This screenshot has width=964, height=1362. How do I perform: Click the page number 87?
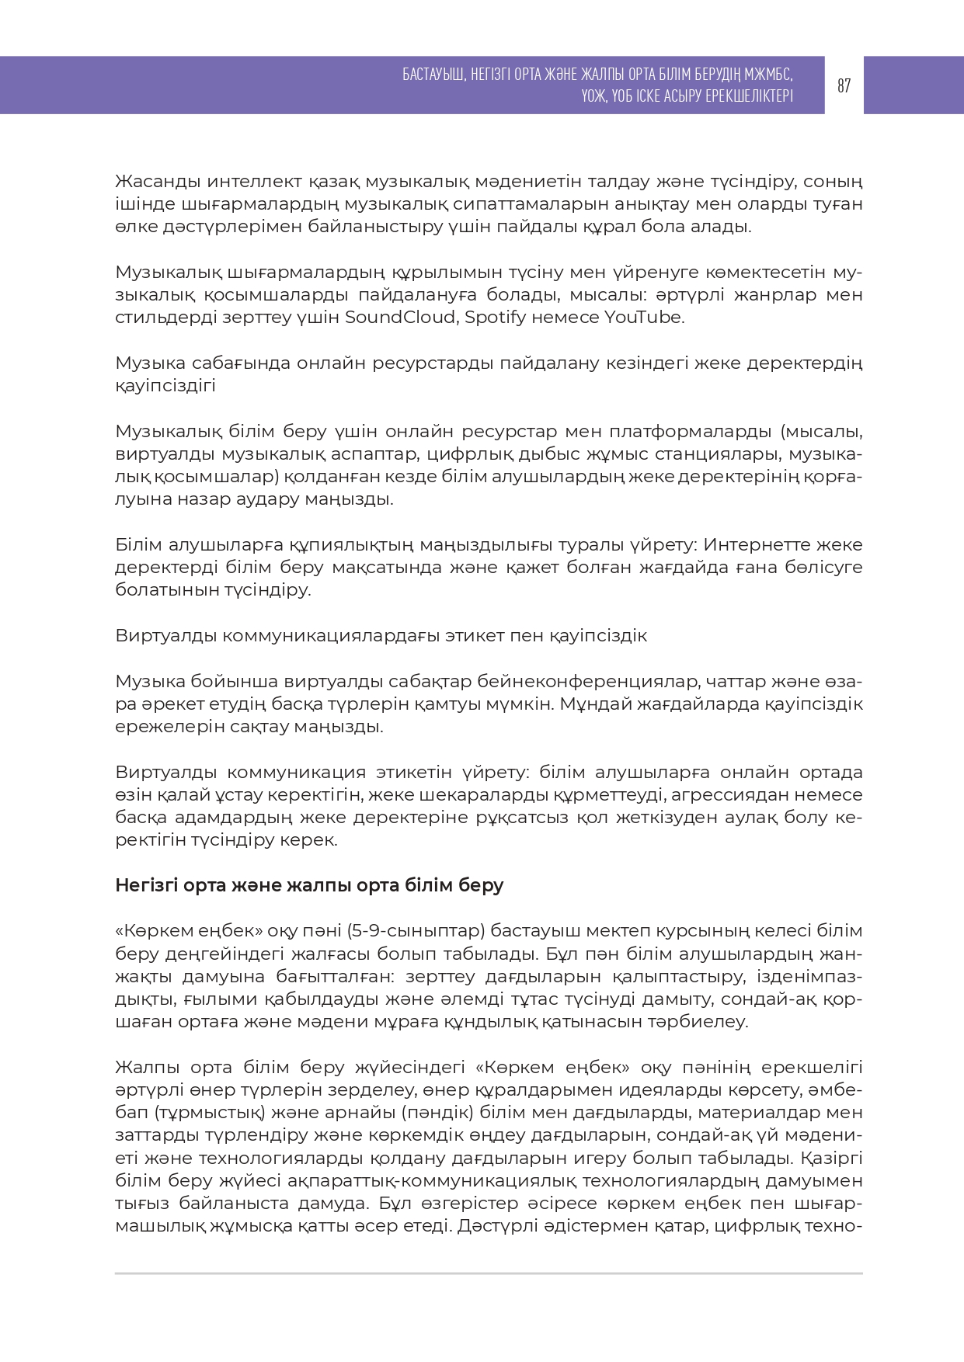coord(844,85)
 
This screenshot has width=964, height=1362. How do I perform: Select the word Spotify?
coord(496,318)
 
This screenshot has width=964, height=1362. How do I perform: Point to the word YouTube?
coord(644,318)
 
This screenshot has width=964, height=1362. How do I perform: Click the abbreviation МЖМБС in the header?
coord(767,75)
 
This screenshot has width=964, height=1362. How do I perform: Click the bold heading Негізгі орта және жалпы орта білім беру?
coord(309,885)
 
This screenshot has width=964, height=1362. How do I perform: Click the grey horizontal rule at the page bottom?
coord(489,1274)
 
